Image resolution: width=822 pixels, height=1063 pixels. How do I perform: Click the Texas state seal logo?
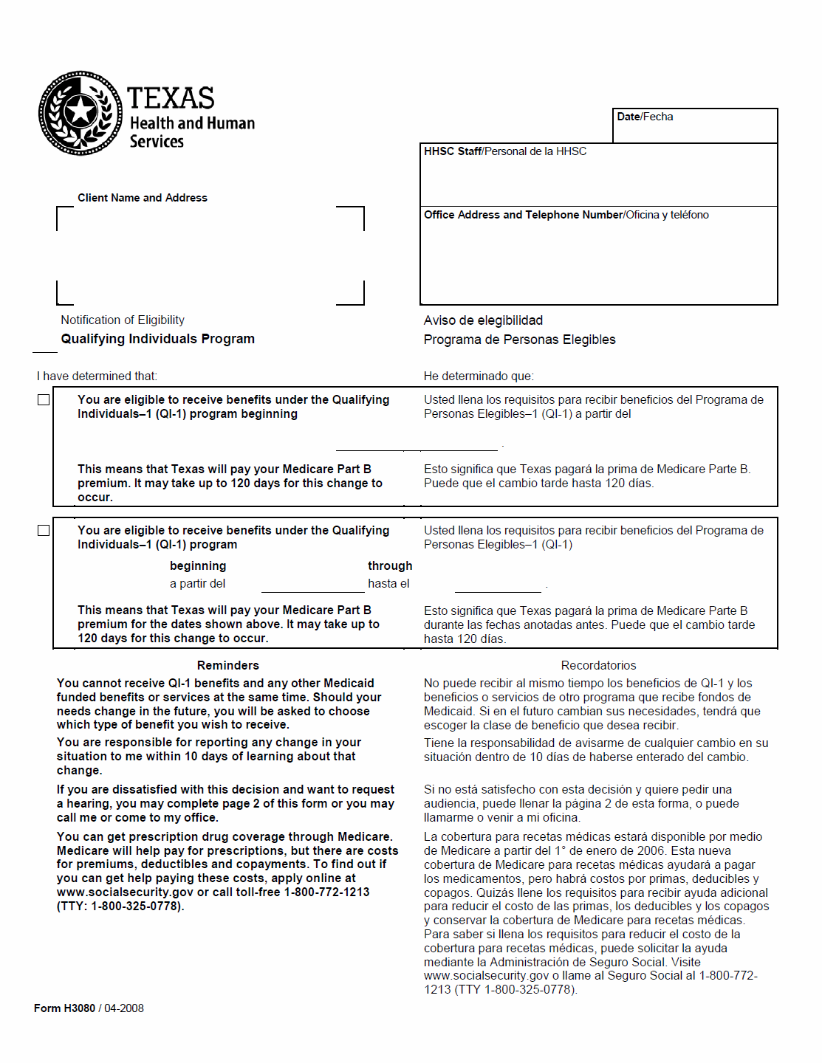point(81,113)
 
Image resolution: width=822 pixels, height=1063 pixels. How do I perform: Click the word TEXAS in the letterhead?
point(171,98)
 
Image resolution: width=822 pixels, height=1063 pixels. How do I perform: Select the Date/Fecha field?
point(694,126)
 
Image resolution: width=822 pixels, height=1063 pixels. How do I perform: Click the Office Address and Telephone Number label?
point(524,215)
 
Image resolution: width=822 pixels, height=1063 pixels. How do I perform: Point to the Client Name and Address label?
point(143,198)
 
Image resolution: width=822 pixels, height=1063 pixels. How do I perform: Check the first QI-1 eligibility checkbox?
point(44,399)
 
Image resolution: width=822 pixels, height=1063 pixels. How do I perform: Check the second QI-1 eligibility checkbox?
point(44,530)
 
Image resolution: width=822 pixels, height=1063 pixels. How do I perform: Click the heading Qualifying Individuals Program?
point(157,339)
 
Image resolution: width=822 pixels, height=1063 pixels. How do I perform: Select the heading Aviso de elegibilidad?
point(483,320)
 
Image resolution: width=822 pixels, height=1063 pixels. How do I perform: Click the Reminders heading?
point(227,665)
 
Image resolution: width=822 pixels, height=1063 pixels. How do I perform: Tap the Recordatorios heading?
point(598,665)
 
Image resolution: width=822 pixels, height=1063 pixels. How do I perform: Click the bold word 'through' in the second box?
point(390,565)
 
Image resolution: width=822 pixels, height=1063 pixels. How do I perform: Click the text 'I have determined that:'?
point(97,376)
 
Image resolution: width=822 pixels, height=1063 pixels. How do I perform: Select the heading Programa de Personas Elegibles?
point(519,340)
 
